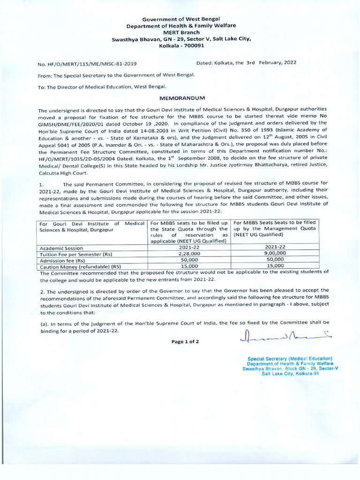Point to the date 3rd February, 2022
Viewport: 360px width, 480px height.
tap(271, 62)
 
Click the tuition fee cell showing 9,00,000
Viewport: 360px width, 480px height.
tap(275, 253)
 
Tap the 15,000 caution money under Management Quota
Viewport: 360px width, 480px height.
tap(275, 265)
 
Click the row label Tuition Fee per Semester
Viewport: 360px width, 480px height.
tap(76, 254)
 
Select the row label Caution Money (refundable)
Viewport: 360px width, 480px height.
tap(80, 266)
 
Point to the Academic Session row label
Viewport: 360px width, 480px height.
tap(61, 248)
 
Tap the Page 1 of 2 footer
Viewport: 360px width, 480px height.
tap(185, 342)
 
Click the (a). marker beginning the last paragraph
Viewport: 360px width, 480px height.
tap(44, 323)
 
